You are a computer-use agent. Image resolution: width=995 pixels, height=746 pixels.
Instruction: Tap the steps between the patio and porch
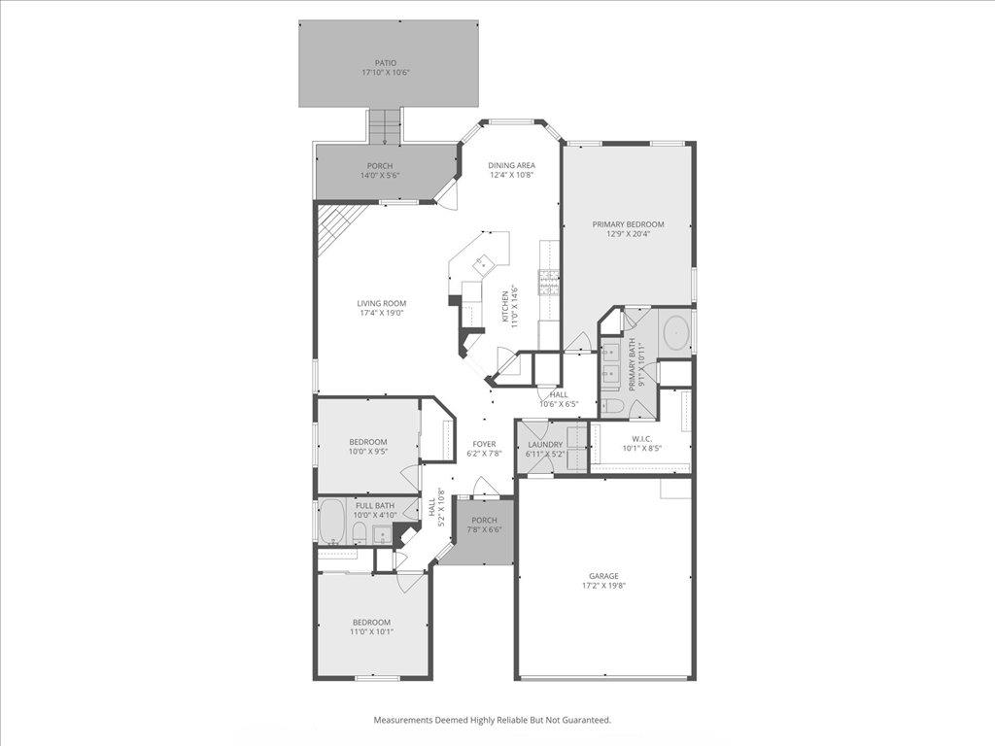385,125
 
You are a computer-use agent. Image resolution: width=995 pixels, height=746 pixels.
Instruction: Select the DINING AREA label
511,165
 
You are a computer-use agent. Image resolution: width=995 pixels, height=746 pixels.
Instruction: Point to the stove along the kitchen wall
550,282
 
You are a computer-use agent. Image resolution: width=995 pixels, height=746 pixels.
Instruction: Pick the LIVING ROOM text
381,303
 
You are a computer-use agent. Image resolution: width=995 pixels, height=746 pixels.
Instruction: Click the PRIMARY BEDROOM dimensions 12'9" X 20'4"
629,234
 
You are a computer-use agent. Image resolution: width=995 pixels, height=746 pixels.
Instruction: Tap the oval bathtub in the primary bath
676,334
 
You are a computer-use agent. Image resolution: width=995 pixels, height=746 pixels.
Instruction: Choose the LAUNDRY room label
545,444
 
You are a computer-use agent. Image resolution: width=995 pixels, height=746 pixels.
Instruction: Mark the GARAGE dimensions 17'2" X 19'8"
601,586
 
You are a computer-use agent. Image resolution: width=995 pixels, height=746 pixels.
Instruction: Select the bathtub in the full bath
331,524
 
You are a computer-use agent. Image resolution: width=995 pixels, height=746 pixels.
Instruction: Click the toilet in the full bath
358,532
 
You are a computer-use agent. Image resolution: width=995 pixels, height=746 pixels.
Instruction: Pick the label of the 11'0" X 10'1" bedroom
371,622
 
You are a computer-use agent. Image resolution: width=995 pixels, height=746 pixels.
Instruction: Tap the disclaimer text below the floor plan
493,720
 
